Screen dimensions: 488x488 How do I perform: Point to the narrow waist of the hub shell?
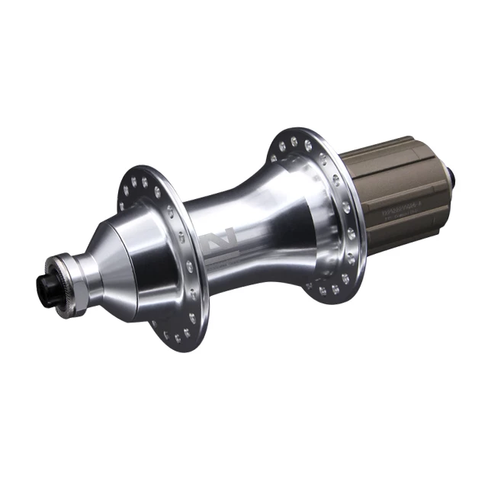252,229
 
